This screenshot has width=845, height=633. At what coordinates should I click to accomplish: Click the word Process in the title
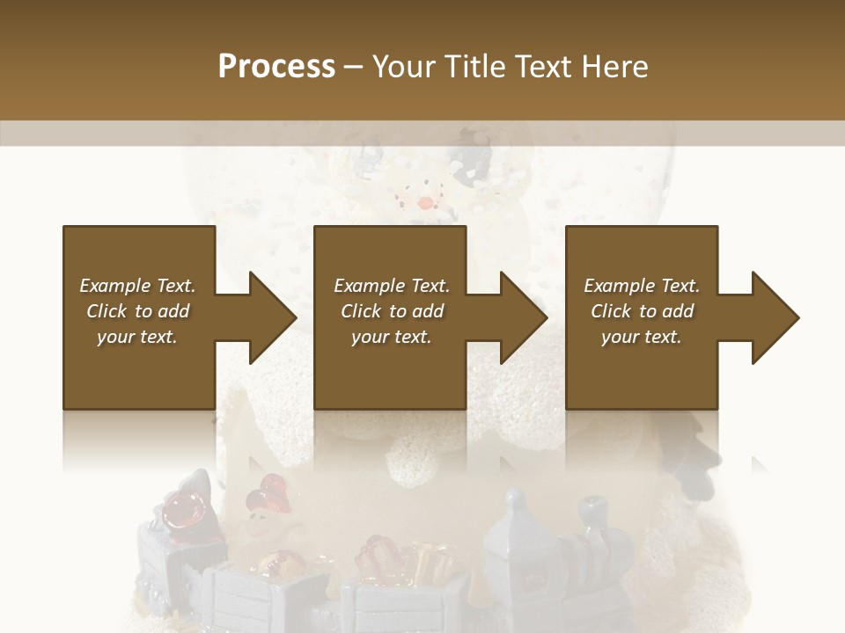(276, 67)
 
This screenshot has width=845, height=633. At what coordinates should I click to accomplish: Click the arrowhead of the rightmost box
(775, 317)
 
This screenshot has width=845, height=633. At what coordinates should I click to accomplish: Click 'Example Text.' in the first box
(137, 286)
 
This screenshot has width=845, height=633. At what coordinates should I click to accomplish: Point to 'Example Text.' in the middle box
(392, 286)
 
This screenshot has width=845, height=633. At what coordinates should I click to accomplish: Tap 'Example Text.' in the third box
(642, 286)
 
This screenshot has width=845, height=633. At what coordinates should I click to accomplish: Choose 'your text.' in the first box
(137, 337)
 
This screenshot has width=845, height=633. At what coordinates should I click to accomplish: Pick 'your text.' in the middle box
(392, 337)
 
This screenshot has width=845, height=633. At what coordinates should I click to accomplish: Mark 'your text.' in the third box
(642, 337)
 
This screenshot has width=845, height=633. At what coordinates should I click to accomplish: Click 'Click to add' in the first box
(137, 311)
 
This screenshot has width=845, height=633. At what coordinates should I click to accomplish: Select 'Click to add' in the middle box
(392, 311)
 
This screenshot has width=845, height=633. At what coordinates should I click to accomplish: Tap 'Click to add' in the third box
(642, 311)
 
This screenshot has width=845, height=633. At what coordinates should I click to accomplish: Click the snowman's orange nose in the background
(425, 203)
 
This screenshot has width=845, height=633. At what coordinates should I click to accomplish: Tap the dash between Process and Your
(353, 68)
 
